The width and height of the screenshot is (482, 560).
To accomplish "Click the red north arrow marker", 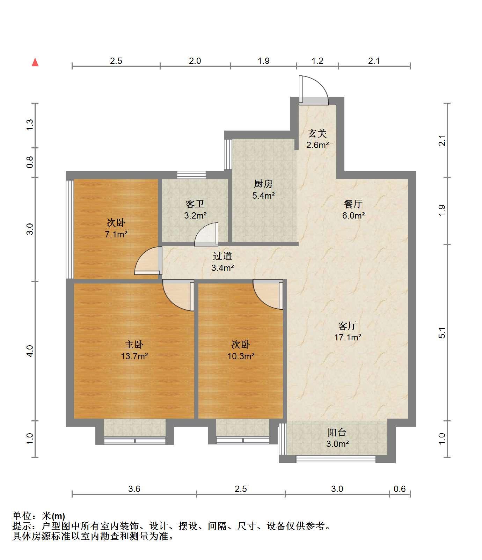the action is coord(35,62).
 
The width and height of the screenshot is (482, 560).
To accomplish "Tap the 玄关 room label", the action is coord(317,139).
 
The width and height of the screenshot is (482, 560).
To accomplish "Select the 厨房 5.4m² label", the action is coord(263,190).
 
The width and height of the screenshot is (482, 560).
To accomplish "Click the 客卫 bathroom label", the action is coord(195,209).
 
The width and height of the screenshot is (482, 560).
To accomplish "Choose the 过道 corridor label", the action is coord(222,262).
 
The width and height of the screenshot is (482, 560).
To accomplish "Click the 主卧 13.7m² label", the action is coord(134,350).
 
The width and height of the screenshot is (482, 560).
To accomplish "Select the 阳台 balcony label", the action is coord(337,438).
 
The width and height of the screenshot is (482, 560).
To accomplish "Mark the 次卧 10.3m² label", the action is coord(241,350).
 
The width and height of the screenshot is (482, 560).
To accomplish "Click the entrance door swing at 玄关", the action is coord(313,90).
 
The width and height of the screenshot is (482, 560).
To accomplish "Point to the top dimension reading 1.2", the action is coord(317,61).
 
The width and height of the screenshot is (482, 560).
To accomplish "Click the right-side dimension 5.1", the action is coord(442,333).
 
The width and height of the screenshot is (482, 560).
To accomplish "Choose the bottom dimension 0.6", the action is coord(400,489).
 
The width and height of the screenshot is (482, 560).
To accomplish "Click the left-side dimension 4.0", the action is coord(30,351).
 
